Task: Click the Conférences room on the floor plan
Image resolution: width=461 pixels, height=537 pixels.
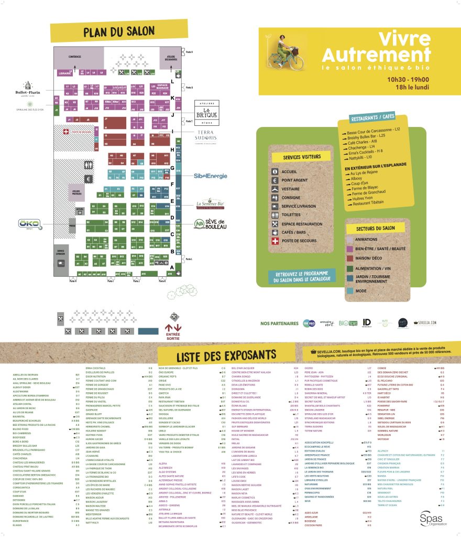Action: [x=74, y=56]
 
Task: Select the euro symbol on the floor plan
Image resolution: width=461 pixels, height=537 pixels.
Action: [x=89, y=179]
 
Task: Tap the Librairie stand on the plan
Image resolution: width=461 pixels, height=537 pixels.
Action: [x=65, y=73]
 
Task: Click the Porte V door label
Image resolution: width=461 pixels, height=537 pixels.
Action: [x=189, y=52]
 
